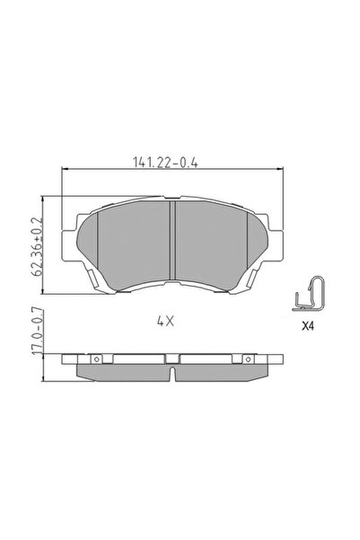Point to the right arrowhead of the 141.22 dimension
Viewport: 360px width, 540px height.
(276, 171)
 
